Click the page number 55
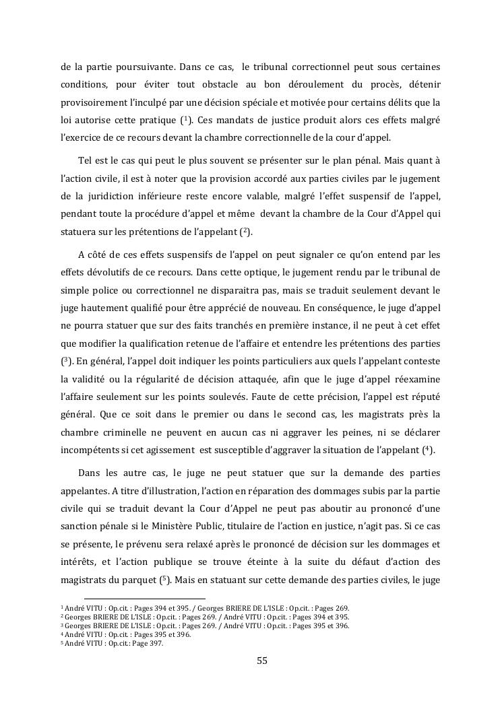click(262, 661)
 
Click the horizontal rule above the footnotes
click(144, 598)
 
